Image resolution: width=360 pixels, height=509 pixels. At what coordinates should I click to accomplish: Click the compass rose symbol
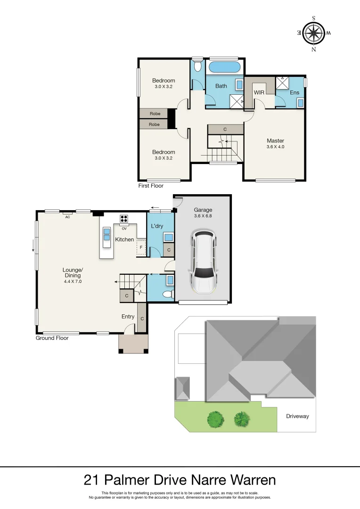(313, 33)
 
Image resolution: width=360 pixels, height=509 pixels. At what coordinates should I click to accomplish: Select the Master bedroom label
(275, 140)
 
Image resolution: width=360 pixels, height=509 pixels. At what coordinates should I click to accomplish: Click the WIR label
(259, 92)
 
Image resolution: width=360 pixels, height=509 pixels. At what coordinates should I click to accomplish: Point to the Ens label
(295, 92)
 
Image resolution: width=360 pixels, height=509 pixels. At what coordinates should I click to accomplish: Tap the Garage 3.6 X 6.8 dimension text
(203, 216)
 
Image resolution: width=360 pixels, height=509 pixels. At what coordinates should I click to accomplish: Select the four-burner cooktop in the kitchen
(123, 219)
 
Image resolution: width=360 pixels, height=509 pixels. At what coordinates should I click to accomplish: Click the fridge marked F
(141, 247)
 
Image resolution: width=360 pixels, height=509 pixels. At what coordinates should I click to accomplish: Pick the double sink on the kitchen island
(107, 234)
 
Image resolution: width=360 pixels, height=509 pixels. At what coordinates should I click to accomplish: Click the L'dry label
(157, 226)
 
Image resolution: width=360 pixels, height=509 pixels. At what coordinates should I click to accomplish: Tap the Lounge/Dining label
(73, 273)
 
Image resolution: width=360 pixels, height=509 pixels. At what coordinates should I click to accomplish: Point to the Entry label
(128, 317)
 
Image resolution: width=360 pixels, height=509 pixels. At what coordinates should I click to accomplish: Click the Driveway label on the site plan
(297, 416)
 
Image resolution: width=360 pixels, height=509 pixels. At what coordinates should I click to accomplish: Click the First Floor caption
(151, 186)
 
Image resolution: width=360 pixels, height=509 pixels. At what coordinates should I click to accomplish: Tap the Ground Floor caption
(52, 338)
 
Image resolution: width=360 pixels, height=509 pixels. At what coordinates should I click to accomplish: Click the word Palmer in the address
(127, 480)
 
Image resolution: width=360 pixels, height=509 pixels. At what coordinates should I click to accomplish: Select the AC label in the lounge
(67, 217)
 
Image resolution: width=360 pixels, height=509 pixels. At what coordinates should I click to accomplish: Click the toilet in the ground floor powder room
(168, 295)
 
